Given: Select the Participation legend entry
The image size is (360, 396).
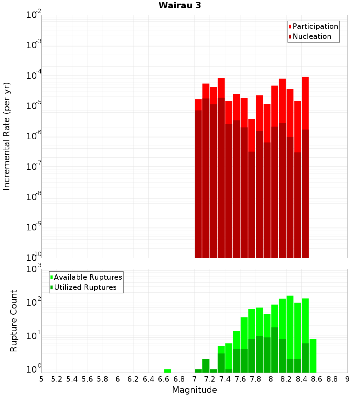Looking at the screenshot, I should click(x=315, y=26).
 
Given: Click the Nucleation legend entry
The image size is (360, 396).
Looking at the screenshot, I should click(x=312, y=36).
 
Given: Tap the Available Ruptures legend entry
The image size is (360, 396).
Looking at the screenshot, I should click(x=88, y=277).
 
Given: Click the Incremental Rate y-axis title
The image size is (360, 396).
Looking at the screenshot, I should click(x=7, y=136).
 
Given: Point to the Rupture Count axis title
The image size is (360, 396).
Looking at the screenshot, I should click(x=14, y=321).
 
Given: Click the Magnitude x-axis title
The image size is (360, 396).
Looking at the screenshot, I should click(x=194, y=390).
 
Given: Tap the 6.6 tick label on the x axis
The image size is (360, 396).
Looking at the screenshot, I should click(x=164, y=379).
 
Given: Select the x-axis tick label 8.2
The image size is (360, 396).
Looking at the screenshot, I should click(x=286, y=379).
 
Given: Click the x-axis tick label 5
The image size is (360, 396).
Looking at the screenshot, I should click(x=41, y=379).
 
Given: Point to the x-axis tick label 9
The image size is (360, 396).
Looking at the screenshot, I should click(x=347, y=379).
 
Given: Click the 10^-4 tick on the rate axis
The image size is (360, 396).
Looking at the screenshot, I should click(x=34, y=76).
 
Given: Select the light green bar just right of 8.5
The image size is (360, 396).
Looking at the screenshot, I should click(x=313, y=356).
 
